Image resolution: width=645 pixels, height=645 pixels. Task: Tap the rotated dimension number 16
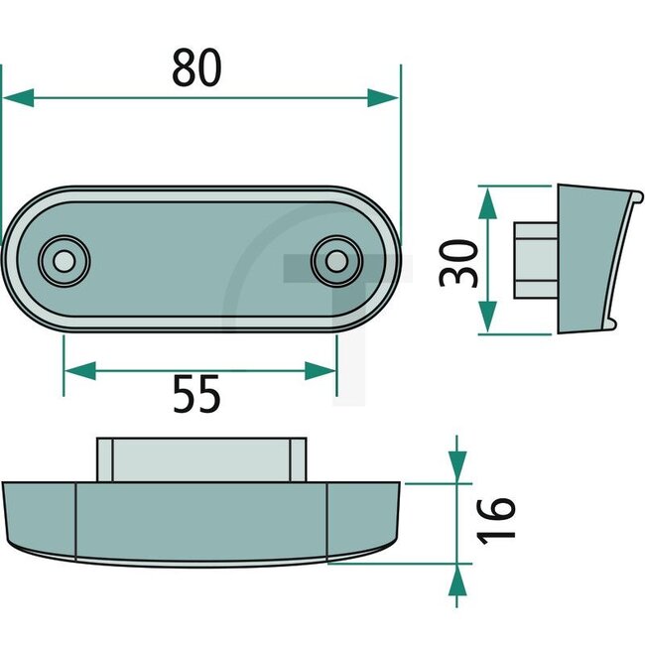[x=502, y=517]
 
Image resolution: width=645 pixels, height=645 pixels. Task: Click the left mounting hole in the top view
[x=64, y=261]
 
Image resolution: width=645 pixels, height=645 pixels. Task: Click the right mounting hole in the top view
[x=336, y=261]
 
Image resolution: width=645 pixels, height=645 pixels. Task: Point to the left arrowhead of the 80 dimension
[x=18, y=97]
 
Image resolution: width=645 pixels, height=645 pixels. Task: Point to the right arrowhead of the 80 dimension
[x=383, y=97]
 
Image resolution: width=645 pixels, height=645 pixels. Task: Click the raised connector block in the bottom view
[x=202, y=459]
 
